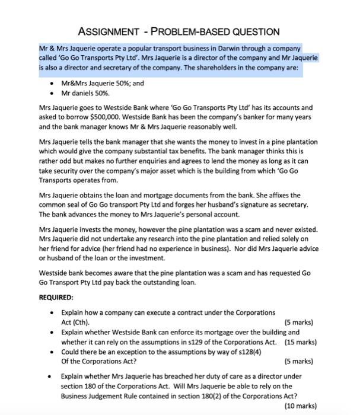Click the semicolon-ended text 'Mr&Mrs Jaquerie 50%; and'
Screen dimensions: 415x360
[x=103, y=84]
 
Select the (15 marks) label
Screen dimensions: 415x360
[x=300, y=341]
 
